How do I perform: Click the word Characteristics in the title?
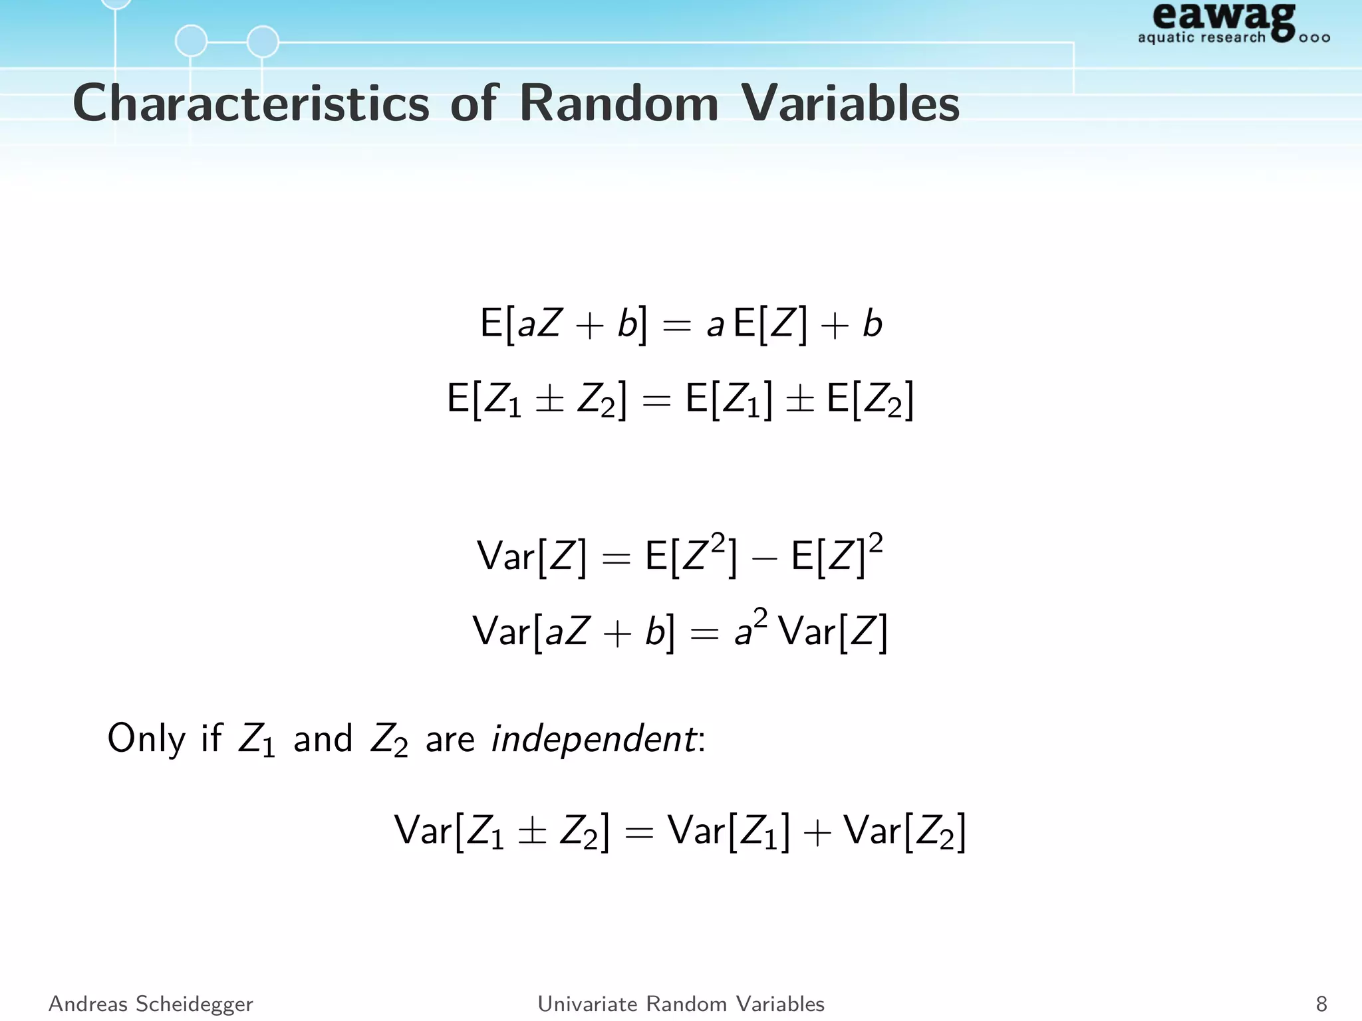pyautogui.click(x=251, y=104)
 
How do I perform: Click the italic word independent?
pyautogui.click(x=593, y=738)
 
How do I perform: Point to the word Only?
pyautogui.click(x=146, y=738)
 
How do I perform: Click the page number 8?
pyautogui.click(x=1321, y=1004)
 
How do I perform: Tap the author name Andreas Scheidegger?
pyautogui.click(x=151, y=1004)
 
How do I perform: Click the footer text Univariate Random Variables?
pyautogui.click(x=681, y=1004)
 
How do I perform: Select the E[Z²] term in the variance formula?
pyautogui.click(x=691, y=556)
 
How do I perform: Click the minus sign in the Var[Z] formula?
pyautogui.click(x=764, y=558)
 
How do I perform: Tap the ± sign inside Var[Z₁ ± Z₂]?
pyautogui.click(x=532, y=832)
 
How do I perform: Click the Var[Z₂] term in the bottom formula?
pyautogui.click(x=904, y=832)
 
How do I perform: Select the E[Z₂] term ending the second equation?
pyautogui.click(x=871, y=400)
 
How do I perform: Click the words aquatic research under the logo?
pyautogui.click(x=1201, y=38)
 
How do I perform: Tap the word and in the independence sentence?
pyautogui.click(x=323, y=738)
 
